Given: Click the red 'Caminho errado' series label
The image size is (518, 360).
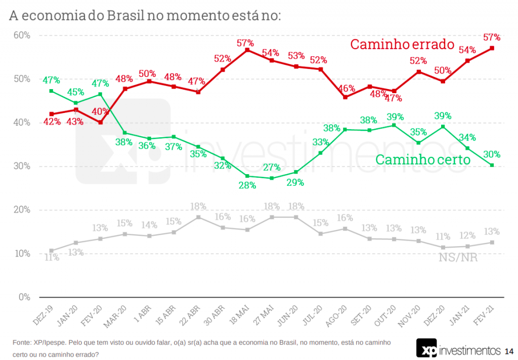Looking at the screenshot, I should tap(403, 44).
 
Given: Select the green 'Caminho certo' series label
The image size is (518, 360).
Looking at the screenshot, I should tap(423, 160).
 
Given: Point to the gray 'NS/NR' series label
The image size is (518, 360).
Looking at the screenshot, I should tap(458, 257).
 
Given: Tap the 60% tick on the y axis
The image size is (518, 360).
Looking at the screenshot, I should tap(22, 35).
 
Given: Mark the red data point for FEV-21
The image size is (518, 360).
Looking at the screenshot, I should tap(492, 48).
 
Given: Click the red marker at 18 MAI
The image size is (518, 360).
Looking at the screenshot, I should tap(247, 50).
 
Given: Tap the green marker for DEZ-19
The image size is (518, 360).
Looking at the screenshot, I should tap(51, 91).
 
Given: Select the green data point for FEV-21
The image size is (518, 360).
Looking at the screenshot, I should tap(492, 165).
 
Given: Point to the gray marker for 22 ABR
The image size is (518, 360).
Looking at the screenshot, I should tap(198, 217).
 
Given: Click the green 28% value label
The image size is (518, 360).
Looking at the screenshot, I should tap(247, 185).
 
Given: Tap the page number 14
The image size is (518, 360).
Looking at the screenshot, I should tap(509, 350).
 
